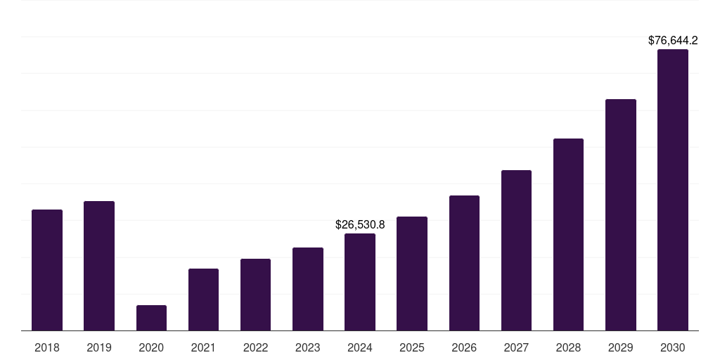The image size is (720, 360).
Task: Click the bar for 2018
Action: click(x=47, y=270)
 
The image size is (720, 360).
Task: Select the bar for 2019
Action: click(x=99, y=266)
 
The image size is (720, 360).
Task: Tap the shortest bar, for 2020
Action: click(x=151, y=318)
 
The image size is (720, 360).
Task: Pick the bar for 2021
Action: click(x=203, y=300)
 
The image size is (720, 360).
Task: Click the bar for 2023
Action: click(x=308, y=289)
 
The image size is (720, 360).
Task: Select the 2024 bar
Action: click(x=360, y=282)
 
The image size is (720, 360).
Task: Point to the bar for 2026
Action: click(x=464, y=263)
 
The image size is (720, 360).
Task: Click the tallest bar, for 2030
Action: click(x=673, y=190)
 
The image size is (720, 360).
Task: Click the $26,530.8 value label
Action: click(x=360, y=225)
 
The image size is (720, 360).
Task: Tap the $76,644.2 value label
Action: click(x=673, y=41)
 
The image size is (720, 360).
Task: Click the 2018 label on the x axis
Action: click(x=47, y=347)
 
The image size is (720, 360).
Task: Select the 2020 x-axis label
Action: click(x=151, y=347)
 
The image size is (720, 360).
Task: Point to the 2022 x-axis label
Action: click(x=255, y=347)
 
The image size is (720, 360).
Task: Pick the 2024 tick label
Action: click(x=360, y=347)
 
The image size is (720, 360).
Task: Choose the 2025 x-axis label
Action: click(x=412, y=347)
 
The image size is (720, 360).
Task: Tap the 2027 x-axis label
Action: click(x=516, y=347)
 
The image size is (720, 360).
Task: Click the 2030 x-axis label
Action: click(x=673, y=347)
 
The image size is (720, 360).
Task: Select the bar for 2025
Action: click(x=412, y=274)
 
